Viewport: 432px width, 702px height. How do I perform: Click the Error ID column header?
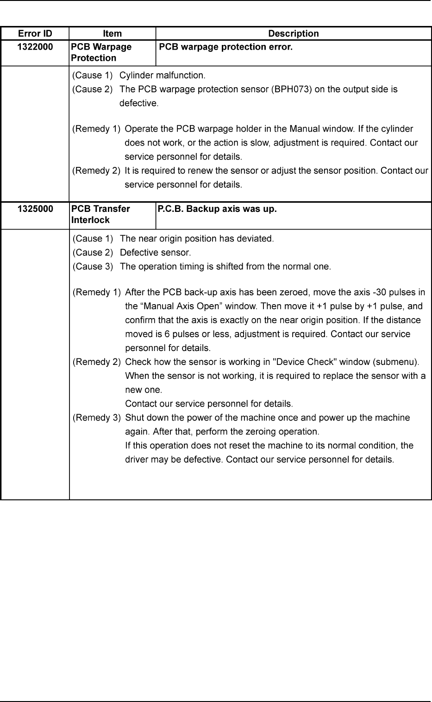click(x=35, y=33)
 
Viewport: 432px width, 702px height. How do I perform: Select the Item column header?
click(x=112, y=33)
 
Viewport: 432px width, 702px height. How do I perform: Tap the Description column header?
click(x=294, y=33)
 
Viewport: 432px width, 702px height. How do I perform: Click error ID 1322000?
click(x=35, y=47)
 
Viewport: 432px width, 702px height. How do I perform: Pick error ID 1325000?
click(x=35, y=209)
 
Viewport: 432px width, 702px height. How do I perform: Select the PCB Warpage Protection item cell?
click(x=101, y=52)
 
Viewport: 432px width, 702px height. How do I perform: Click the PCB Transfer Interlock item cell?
click(x=100, y=214)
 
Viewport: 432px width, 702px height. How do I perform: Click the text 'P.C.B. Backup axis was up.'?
click(x=217, y=209)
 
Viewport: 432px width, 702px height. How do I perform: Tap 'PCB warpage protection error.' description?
click(x=225, y=47)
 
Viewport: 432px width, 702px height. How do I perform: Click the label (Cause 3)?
click(x=93, y=267)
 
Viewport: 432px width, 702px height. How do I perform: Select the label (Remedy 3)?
click(x=97, y=418)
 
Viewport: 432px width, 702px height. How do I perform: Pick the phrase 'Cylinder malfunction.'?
click(x=162, y=75)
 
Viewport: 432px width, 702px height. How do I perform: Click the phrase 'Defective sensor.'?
click(x=155, y=253)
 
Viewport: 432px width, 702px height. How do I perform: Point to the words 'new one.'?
click(x=144, y=390)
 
